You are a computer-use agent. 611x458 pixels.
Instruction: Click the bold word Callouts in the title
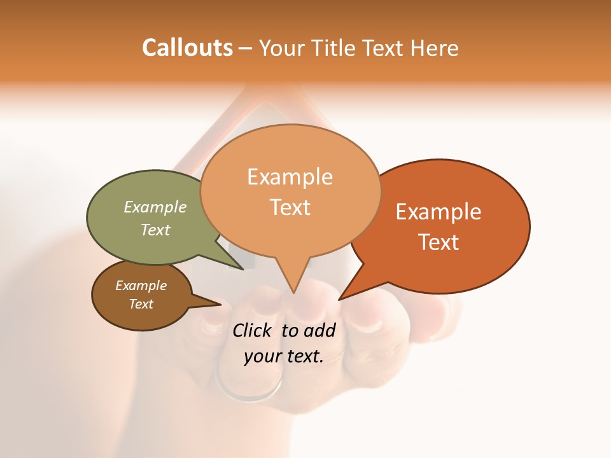[187, 48]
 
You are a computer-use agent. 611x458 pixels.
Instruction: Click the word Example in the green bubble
[155, 207]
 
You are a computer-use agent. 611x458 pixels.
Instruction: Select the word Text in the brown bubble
[141, 304]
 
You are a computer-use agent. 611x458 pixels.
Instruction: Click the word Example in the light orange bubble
[290, 177]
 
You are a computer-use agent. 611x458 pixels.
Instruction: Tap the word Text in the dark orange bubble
[439, 242]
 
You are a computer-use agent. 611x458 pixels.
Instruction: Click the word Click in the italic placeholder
[253, 330]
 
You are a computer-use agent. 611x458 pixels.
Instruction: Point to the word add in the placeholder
[319, 330]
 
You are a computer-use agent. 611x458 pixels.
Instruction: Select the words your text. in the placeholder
[284, 356]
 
